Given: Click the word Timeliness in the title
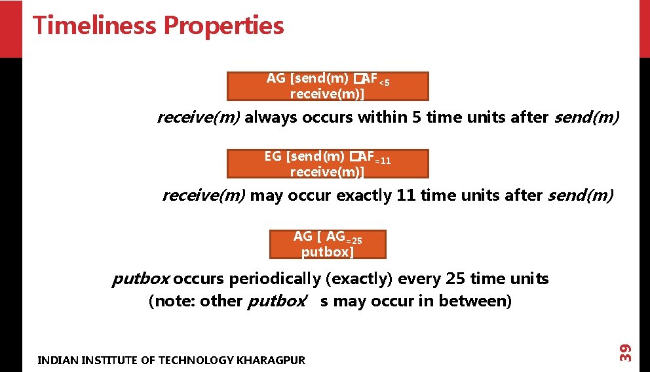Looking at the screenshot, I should [94, 26].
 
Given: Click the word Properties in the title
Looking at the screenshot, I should [223, 26].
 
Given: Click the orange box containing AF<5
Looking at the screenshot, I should [328, 86].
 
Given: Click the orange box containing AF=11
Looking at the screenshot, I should [328, 163].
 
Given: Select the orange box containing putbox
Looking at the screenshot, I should [328, 244].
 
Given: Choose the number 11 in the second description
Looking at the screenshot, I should [405, 196].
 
